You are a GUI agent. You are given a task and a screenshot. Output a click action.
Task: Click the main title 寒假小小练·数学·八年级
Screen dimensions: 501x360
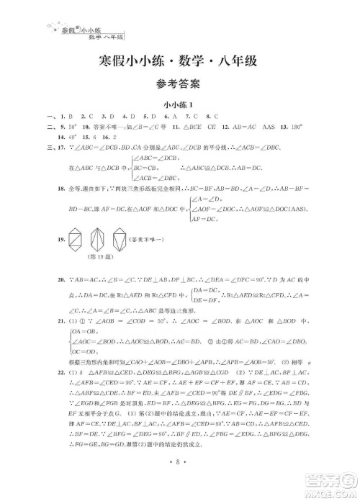[179, 62]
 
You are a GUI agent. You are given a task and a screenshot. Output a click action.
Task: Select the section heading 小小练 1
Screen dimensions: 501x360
[179, 106]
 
